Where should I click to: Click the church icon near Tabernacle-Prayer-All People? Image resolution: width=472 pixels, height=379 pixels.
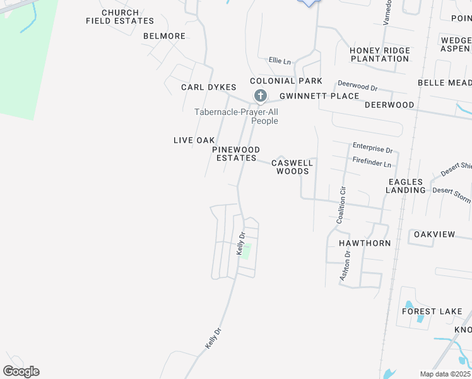[260, 96]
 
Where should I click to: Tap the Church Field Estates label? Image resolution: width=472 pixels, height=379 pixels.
[121, 17]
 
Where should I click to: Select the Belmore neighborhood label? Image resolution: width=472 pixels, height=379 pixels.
[164, 36]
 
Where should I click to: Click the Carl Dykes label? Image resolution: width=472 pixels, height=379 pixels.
[208, 87]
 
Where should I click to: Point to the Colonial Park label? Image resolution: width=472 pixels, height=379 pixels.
[286, 81]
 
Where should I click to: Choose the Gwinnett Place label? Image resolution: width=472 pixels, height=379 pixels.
[319, 96]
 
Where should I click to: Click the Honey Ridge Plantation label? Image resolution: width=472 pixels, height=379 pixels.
[380, 54]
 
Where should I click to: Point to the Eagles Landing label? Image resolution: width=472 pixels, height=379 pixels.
[406, 186]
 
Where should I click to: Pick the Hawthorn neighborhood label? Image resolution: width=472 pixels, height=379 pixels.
[365, 243]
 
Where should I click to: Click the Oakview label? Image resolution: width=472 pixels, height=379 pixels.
[434, 234]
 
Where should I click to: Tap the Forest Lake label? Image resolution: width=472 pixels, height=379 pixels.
[432, 311]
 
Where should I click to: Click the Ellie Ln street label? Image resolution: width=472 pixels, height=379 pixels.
[280, 61]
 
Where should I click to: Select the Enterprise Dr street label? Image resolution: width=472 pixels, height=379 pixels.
[372, 150]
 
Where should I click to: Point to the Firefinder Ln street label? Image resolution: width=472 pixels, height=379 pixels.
[372, 163]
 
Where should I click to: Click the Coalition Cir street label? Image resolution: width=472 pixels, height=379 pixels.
[341, 204]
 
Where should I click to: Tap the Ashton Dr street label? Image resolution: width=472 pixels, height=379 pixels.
[345, 265]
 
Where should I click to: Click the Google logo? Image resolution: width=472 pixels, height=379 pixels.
[21, 371]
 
